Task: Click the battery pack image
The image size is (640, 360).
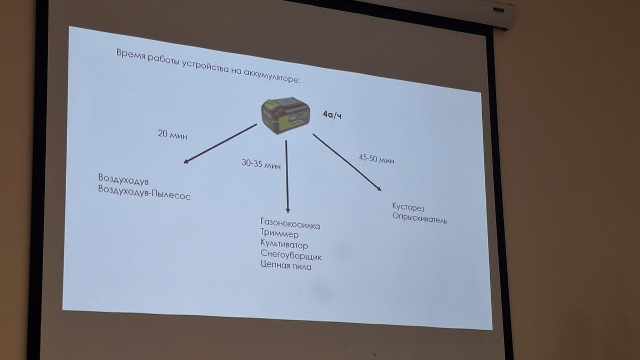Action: tap(284, 115)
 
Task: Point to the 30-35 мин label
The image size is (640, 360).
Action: tap(261, 164)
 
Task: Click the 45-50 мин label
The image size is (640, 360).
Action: tap(377, 158)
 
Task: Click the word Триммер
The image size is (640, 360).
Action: tap(279, 234)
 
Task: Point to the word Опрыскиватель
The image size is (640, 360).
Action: tap(420, 218)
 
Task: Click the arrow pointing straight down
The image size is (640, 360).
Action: tap(287, 176)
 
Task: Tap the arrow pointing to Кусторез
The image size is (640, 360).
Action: tap(347, 162)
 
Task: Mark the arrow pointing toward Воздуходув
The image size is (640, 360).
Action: tap(219, 143)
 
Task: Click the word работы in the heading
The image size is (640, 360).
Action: tap(164, 60)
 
